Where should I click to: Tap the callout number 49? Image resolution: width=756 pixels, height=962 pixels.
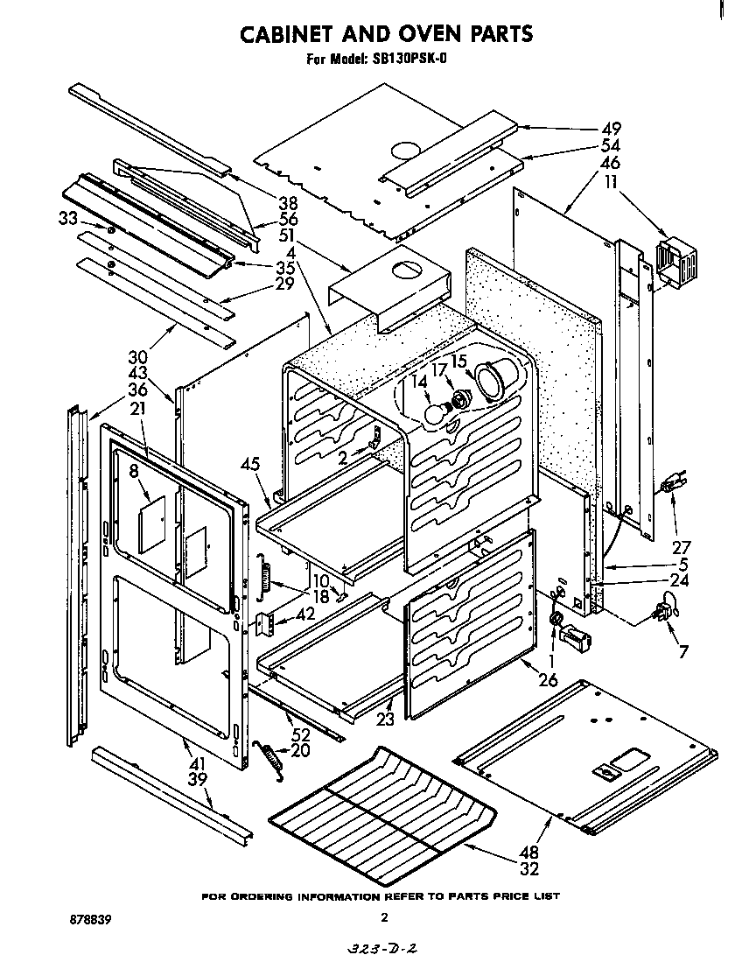[x=611, y=129]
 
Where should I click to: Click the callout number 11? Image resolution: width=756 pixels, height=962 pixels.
[x=610, y=181]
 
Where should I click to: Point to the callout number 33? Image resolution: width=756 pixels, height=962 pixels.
[x=68, y=218]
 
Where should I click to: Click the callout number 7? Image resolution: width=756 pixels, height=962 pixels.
[x=682, y=651]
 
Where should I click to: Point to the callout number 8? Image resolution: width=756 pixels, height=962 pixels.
[x=134, y=471]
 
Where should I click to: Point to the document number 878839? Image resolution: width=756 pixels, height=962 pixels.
[x=90, y=921]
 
